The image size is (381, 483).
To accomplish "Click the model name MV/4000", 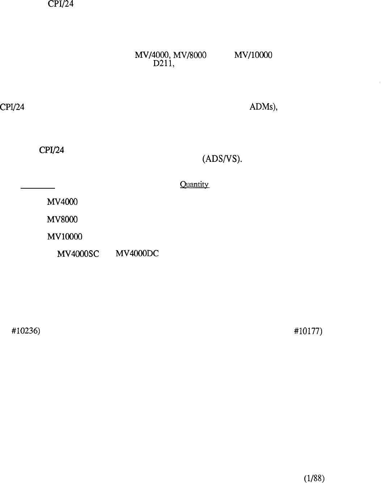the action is coord(152,55).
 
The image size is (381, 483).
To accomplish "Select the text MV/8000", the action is coord(190,55).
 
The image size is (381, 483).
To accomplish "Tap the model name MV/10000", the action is coord(253,55).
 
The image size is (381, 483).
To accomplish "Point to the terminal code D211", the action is coord(162,63).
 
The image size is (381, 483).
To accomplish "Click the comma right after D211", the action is coord(173,66).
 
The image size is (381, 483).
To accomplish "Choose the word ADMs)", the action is coord(263,107).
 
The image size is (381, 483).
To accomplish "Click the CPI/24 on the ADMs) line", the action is coord(12,107).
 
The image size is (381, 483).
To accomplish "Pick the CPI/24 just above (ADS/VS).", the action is coord(52,150).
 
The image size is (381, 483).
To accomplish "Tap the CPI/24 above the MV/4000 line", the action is coord(60,4).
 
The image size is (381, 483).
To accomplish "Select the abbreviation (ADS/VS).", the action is coord(222,159).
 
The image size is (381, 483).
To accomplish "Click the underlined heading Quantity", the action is coord(195,185).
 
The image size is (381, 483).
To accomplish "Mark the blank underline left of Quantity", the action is coord(38,188).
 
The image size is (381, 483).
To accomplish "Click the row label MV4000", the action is coord(62,202).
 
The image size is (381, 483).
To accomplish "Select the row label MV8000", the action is coord(62,219).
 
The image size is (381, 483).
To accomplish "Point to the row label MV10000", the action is coord(65,236).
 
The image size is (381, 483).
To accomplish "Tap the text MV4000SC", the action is coord(78,254).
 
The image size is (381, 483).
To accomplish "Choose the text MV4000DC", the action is coord(137,253).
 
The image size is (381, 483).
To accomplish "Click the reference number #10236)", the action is coord(26,331).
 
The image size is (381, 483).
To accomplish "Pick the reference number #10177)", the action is coord(308,331).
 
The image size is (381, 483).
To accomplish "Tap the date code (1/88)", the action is coord(314,478).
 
